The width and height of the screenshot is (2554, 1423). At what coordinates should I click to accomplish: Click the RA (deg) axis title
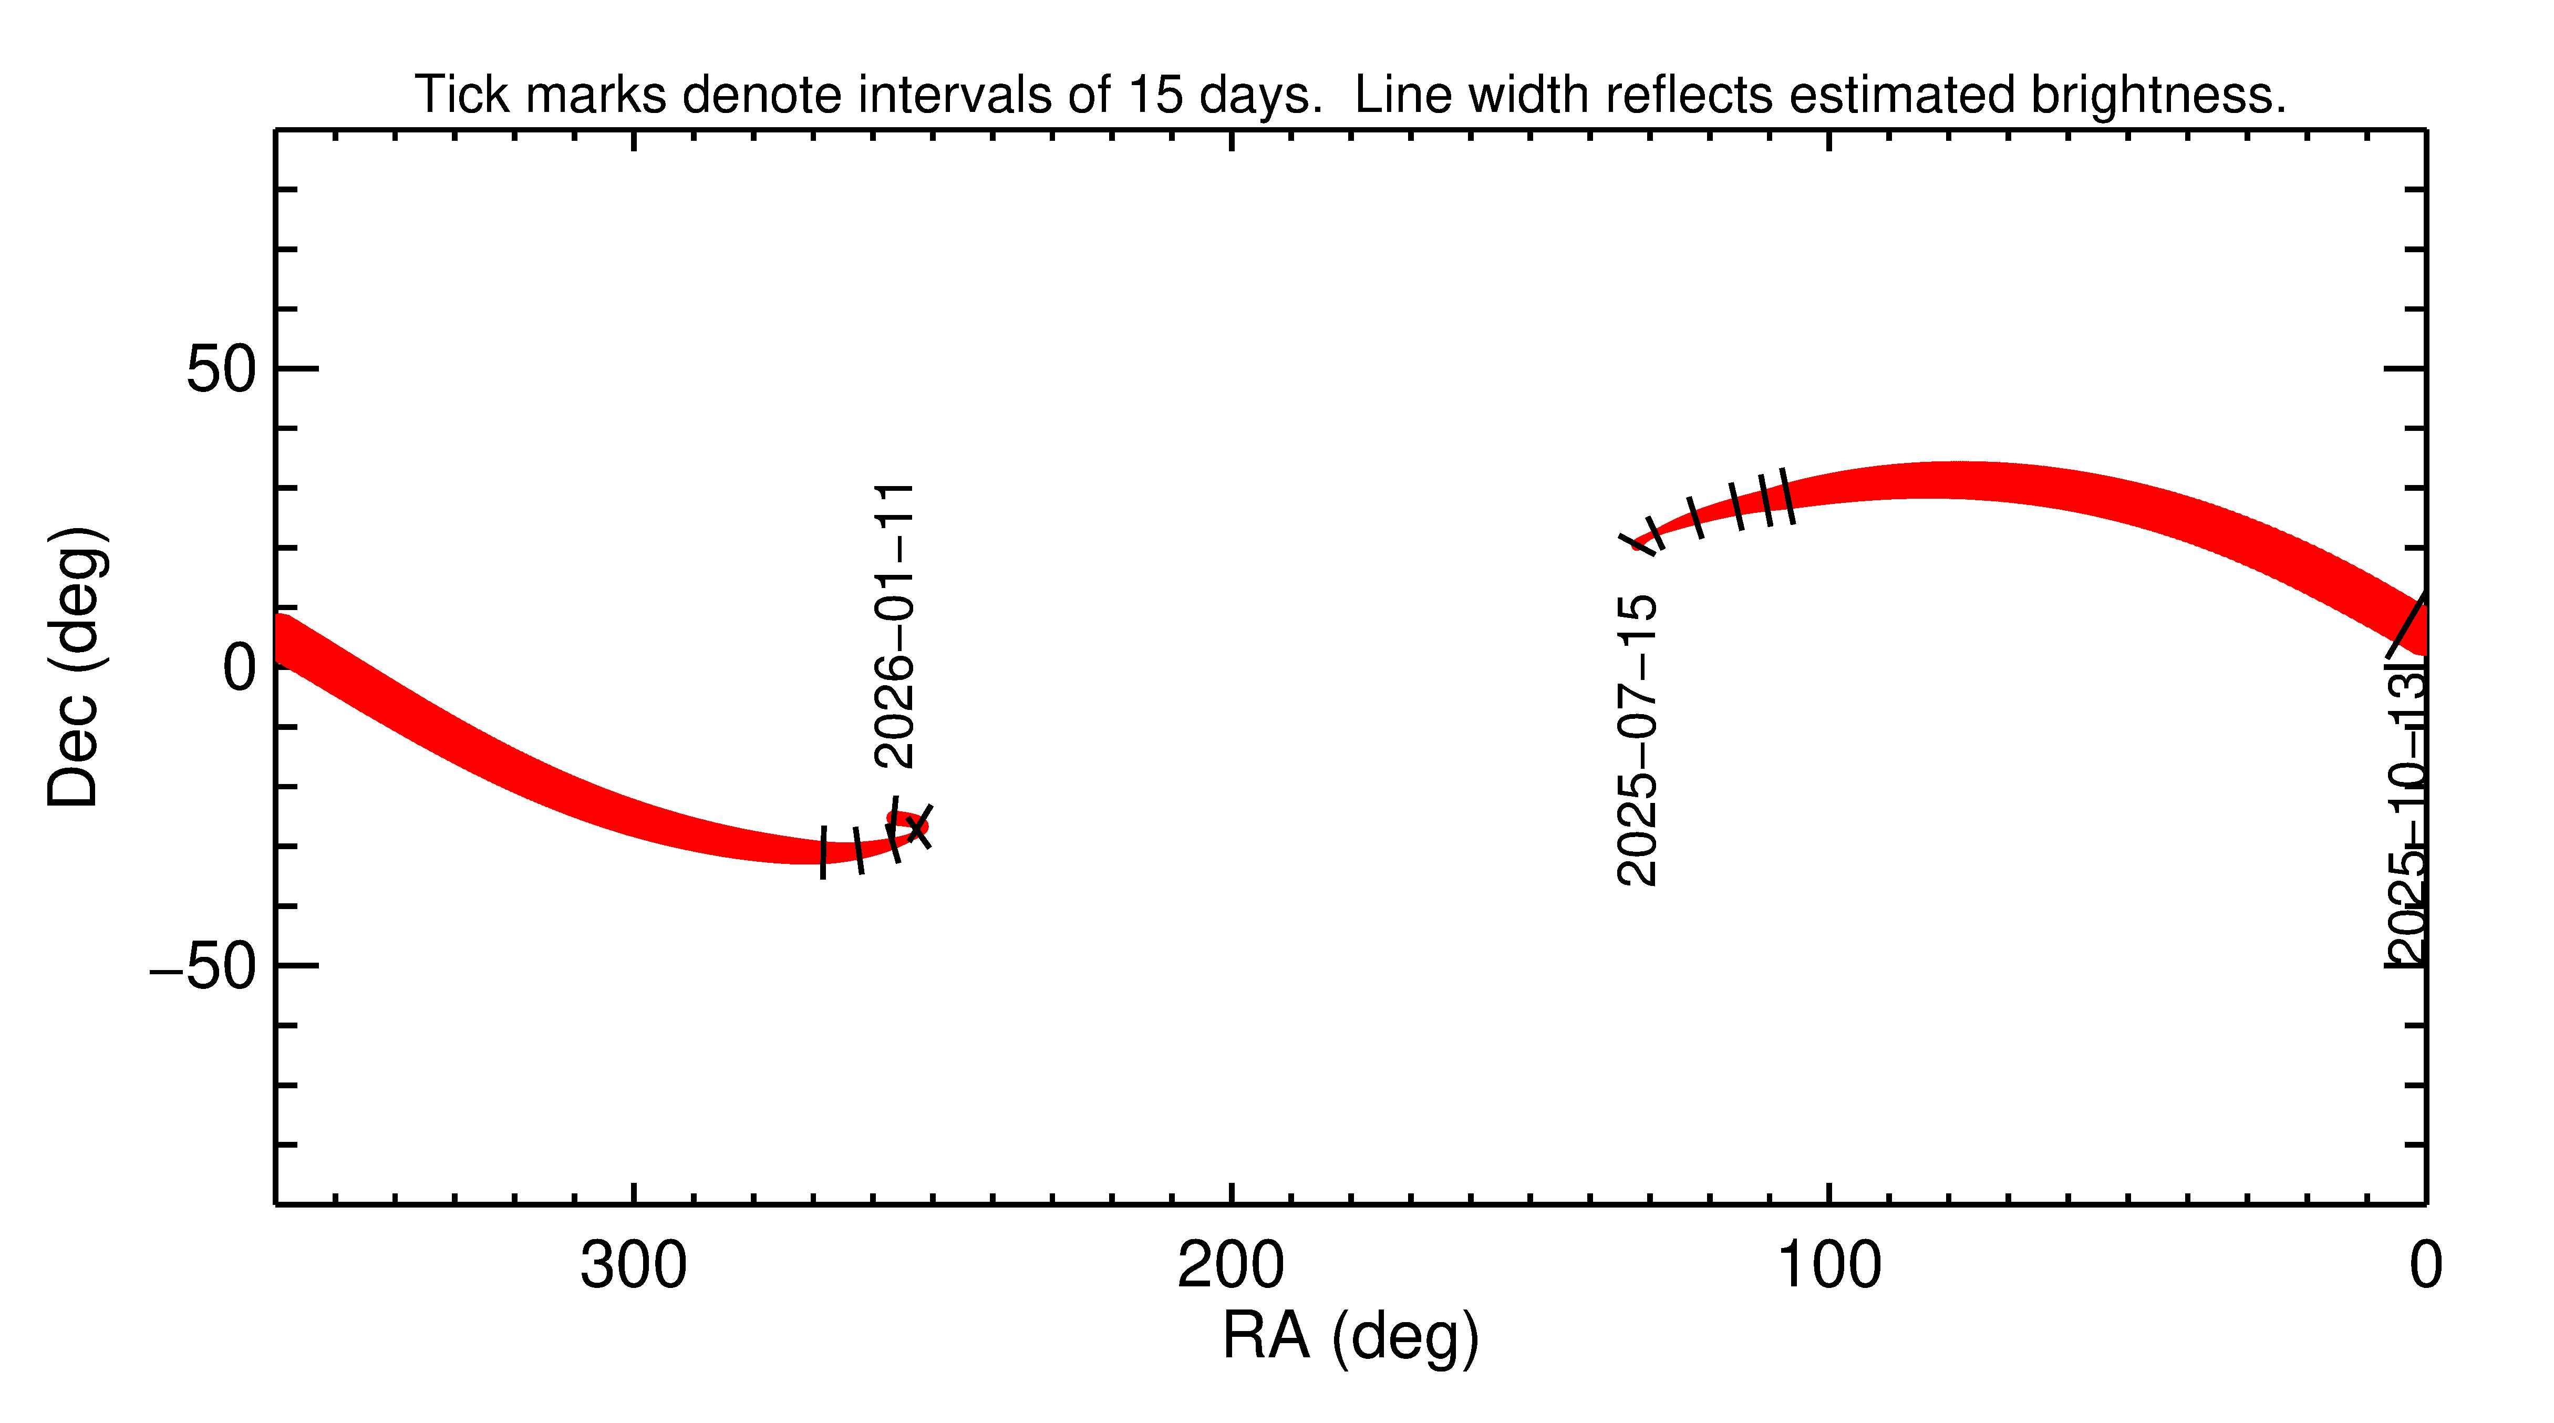pyautogui.click(x=1350, y=1337)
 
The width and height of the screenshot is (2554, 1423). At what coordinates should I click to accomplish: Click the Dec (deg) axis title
pyautogui.click(x=75, y=667)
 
